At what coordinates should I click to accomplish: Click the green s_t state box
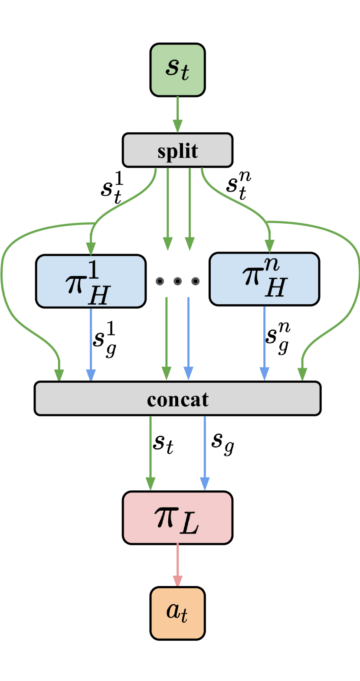[177, 70]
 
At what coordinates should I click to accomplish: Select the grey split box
[177, 150]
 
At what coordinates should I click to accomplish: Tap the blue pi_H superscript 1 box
[91, 281]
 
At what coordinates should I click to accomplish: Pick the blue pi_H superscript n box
[264, 279]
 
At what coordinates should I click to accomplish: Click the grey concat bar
[177, 398]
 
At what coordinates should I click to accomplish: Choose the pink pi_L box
[177, 518]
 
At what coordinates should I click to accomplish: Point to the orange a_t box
[177, 613]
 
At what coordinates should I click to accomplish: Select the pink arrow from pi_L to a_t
[177, 564]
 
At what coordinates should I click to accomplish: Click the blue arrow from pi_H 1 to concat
[91, 342]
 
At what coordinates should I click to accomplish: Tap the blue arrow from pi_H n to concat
[264, 342]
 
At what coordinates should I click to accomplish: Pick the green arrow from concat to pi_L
[151, 451]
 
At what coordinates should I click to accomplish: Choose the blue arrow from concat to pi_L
[205, 451]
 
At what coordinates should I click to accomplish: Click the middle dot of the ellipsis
[177, 281]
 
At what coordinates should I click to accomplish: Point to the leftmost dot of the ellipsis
[160, 281]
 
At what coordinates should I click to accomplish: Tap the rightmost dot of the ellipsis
[196, 281]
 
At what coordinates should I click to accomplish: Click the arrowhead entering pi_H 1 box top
[91, 249]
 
